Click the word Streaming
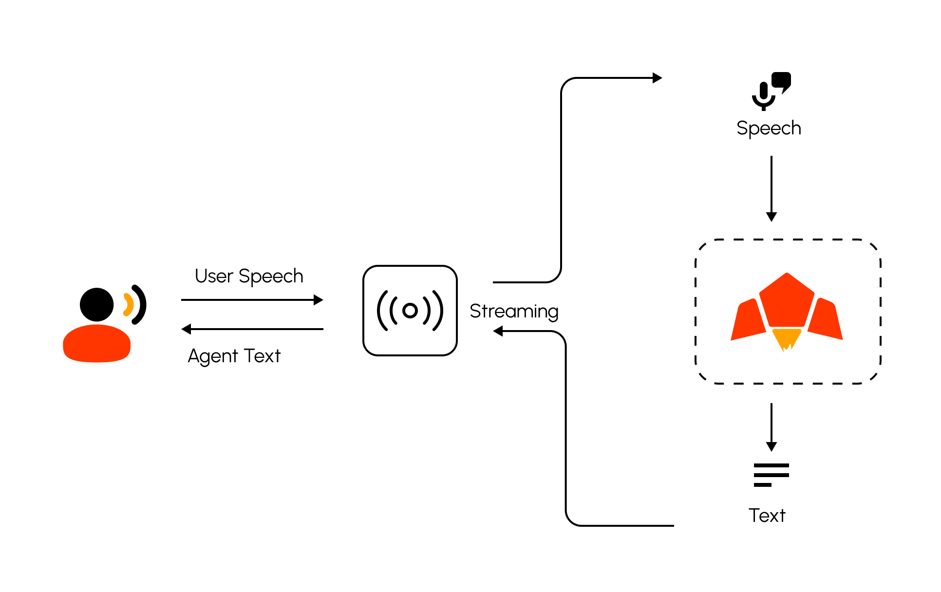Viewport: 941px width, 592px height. pyautogui.click(x=514, y=311)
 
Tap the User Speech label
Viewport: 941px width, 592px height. pyautogui.click(x=249, y=276)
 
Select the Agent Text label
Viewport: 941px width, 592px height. pyautogui.click(x=234, y=356)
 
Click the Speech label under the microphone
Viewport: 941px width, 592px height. pyautogui.click(x=769, y=128)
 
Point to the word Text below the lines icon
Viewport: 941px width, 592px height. pyautogui.click(x=767, y=515)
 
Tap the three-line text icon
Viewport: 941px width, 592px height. pyautogui.click(x=771, y=475)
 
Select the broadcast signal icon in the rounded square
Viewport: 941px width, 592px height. pyautogui.click(x=410, y=311)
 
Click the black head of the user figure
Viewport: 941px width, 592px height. pyautogui.click(x=97, y=305)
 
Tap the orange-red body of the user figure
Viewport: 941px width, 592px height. pyautogui.click(x=97, y=344)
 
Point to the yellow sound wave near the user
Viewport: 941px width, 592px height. pyautogui.click(x=128, y=305)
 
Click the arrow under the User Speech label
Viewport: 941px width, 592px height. pyautogui.click(x=252, y=300)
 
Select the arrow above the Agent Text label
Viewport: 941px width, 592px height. pyautogui.click(x=252, y=329)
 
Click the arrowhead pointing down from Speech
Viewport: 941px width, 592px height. pyautogui.click(x=772, y=217)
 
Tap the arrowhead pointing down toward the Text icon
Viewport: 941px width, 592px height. pyautogui.click(x=772, y=446)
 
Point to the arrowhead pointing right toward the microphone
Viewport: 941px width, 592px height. pyautogui.click(x=657, y=78)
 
